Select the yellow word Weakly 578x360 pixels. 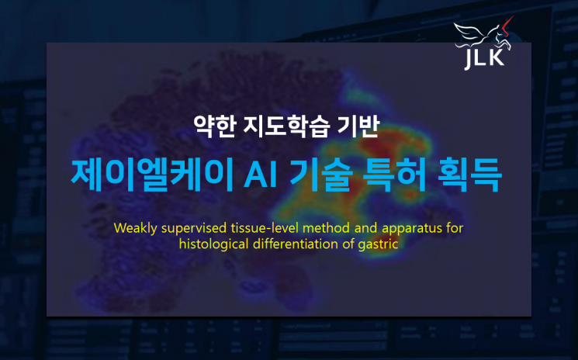coord(134,228)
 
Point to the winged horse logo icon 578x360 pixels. coord(480,35)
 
